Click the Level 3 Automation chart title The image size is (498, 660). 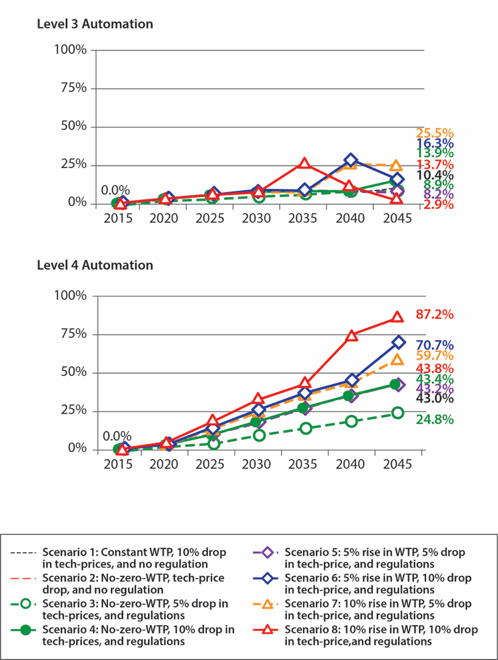click(x=94, y=24)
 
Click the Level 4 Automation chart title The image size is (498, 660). click(x=94, y=265)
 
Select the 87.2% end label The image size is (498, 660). click(x=435, y=314)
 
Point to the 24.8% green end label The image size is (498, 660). click(x=435, y=419)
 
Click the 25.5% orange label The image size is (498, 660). click(x=435, y=133)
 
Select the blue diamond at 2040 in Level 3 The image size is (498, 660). click(x=350, y=161)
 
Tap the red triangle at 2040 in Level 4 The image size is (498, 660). click(x=351, y=336)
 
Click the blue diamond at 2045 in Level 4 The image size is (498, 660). click(x=397, y=342)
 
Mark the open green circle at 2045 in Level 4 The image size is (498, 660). click(x=397, y=413)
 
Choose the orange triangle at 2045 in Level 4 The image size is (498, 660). click(x=397, y=360)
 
